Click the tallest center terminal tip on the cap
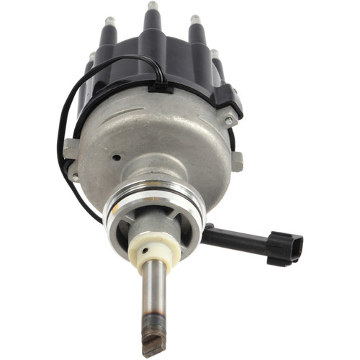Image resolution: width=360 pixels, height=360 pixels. (153, 6)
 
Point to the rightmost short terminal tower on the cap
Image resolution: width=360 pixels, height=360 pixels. (214, 55)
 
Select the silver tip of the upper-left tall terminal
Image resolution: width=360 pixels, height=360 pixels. (109, 21)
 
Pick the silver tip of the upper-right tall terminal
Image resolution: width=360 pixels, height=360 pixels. (194, 19)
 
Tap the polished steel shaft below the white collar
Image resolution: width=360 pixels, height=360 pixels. (153, 295)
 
